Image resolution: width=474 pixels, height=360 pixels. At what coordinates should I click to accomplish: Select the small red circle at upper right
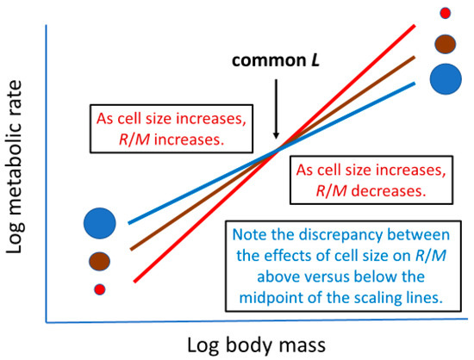pyautogui.click(x=445, y=13)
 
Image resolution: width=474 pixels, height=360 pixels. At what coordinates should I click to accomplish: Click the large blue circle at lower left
pyautogui.click(x=99, y=224)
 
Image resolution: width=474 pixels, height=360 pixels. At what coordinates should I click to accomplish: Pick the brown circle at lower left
pyautogui.click(x=99, y=259)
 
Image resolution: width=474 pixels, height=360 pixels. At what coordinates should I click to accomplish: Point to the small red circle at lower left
pyautogui.click(x=99, y=289)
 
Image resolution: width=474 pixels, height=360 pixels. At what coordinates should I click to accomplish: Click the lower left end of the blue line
pyautogui.click(x=129, y=222)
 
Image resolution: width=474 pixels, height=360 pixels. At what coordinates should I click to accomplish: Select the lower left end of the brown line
pyautogui.click(x=129, y=251)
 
